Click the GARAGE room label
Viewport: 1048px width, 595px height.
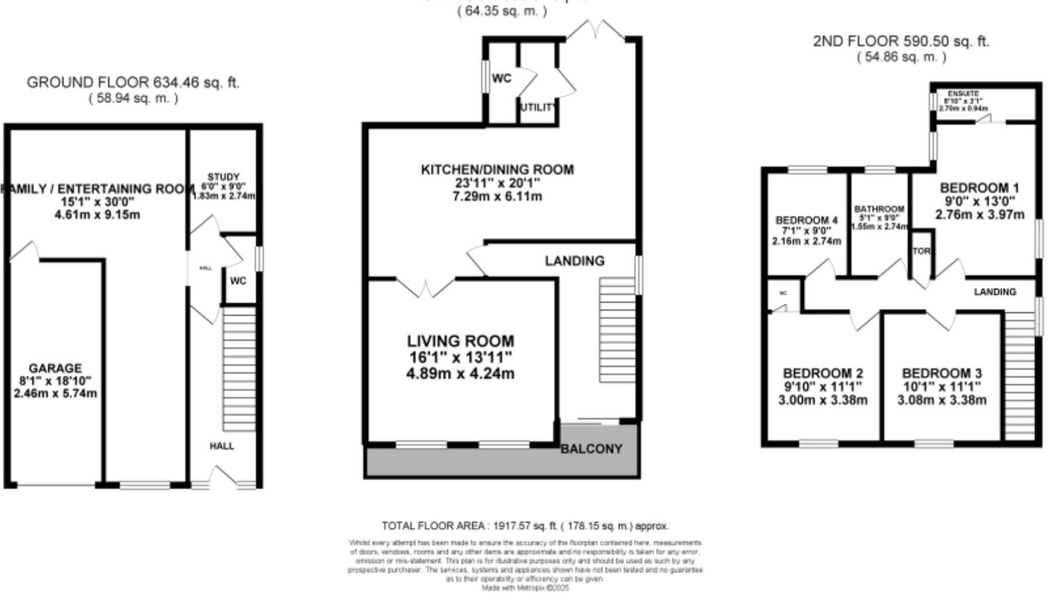55,368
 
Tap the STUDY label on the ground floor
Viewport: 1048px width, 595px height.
224,177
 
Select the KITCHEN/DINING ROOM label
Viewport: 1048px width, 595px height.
497,170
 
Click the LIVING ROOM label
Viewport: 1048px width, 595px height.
461,341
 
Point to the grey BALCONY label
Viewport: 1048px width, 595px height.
591,449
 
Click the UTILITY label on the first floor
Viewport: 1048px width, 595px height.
538,108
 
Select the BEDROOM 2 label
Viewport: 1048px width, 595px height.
822,373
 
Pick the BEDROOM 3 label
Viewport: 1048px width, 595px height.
941,373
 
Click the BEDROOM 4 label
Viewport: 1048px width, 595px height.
806,221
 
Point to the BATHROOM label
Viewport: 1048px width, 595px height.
879,209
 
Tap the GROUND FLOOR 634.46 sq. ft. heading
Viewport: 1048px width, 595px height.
133,83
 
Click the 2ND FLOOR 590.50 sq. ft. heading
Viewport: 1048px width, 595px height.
901,41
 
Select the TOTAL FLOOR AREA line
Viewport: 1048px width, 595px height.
525,526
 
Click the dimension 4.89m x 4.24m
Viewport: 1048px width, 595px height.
460,374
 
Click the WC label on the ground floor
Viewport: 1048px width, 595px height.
238,281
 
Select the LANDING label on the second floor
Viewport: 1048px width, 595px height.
995,292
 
